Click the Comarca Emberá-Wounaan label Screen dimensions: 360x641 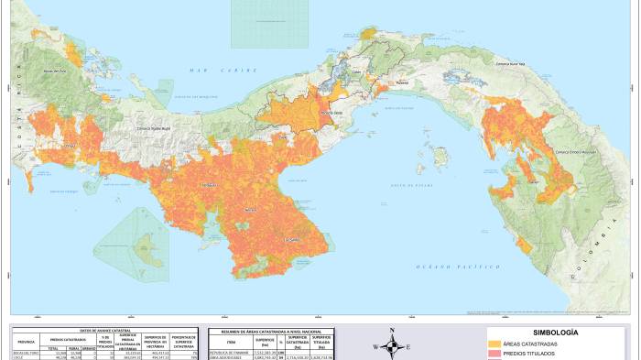pos(571,152)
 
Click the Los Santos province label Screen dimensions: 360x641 pos(292,240)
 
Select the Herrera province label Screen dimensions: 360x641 pos(250,210)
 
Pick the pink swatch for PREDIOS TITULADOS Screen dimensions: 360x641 pos(501,353)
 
